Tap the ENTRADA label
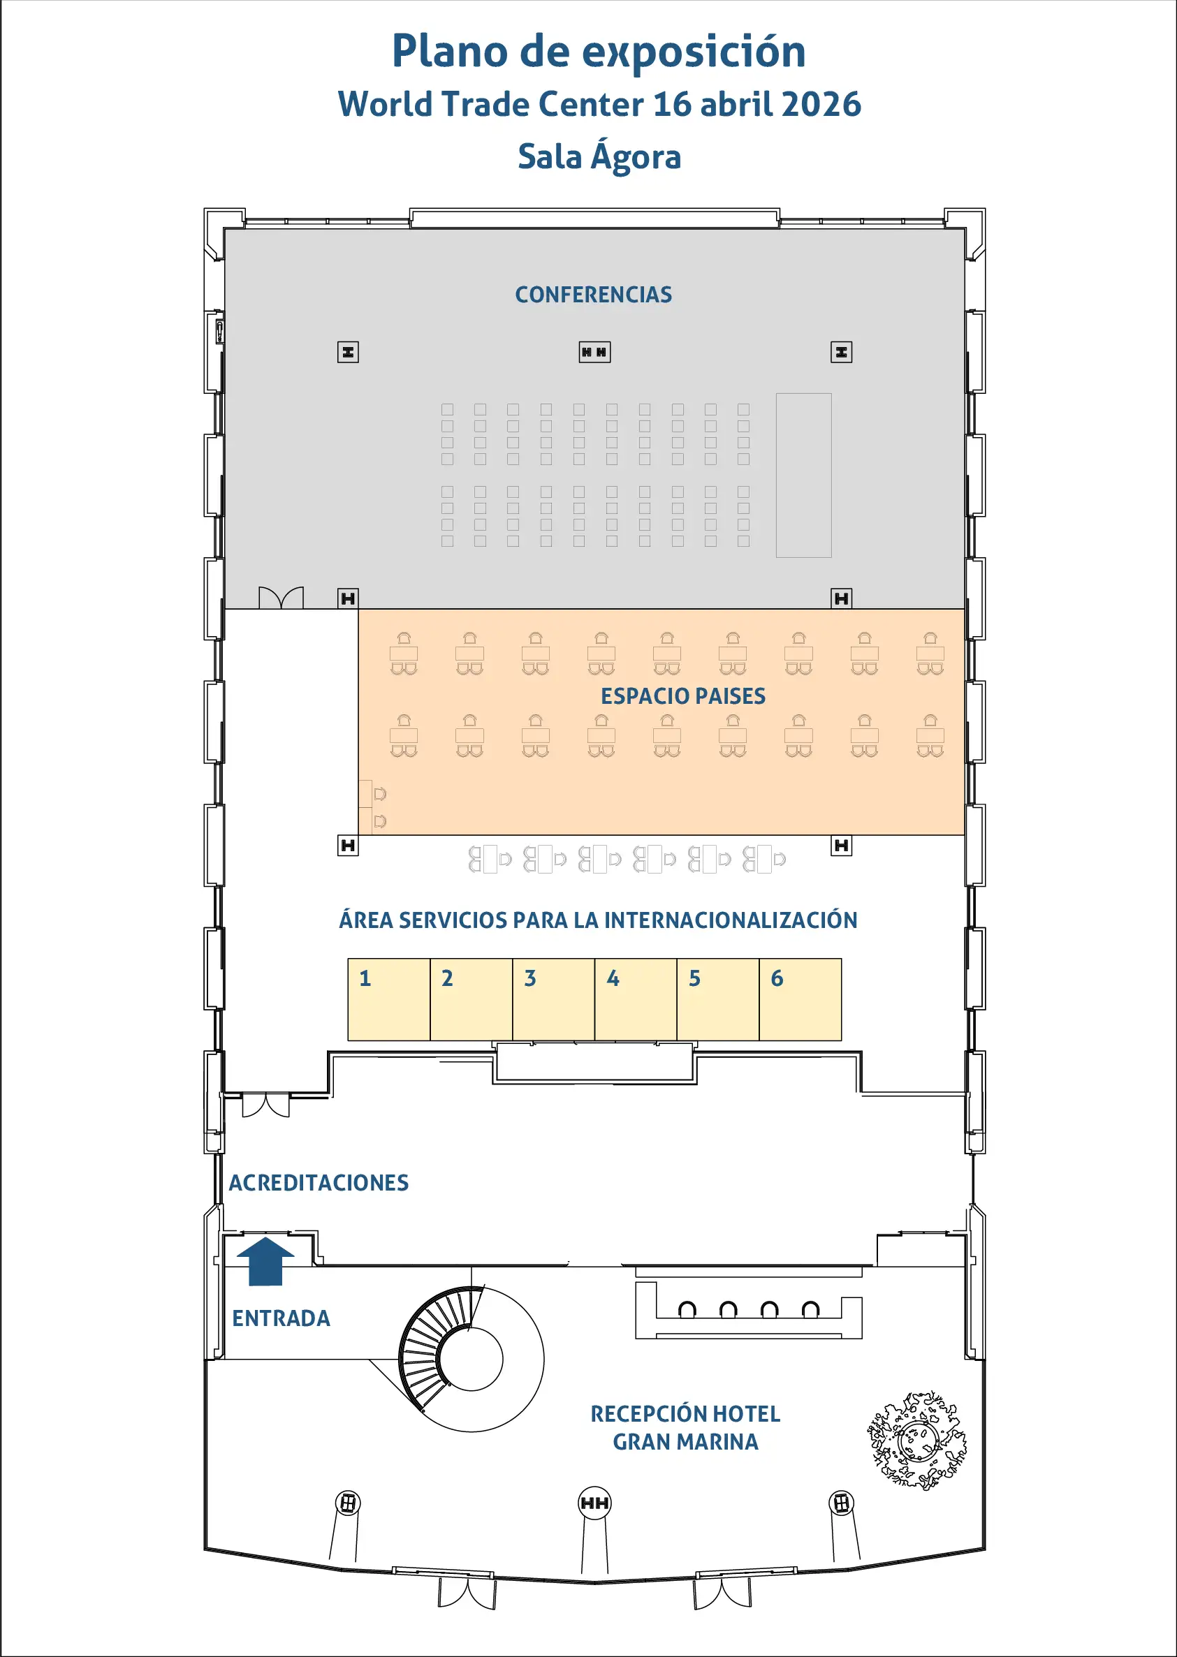(x=282, y=1318)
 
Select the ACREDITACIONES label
(x=319, y=1182)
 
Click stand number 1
(x=389, y=1000)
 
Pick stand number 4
(x=636, y=1000)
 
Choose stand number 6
(x=800, y=1000)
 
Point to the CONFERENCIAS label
(x=594, y=294)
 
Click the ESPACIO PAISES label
(x=682, y=695)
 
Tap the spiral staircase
(x=471, y=1359)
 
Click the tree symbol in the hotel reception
(x=918, y=1440)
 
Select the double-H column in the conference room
(x=594, y=352)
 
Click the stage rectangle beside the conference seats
(x=804, y=476)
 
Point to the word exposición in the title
(x=694, y=52)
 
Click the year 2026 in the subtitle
(x=822, y=103)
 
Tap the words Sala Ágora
(x=599, y=156)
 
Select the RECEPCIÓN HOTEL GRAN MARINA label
(x=686, y=1427)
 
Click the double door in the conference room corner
(x=282, y=597)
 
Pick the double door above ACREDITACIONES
(x=266, y=1105)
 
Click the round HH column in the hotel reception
(x=594, y=1503)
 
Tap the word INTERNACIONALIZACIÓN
(x=731, y=920)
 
